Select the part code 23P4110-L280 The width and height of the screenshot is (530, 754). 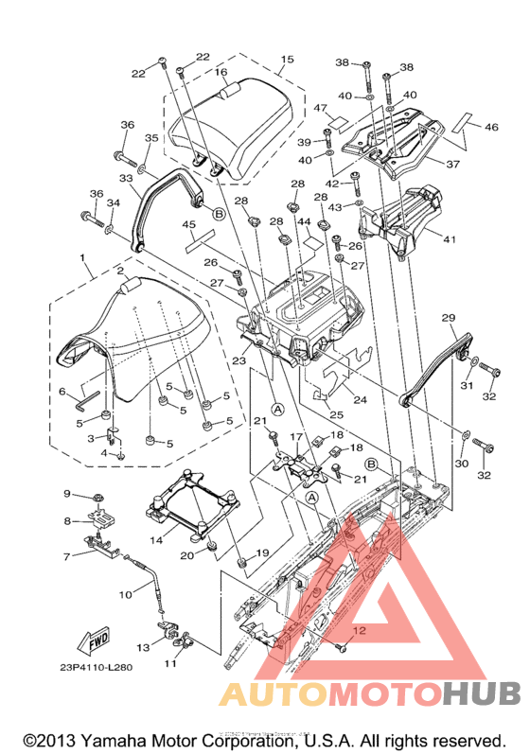97,668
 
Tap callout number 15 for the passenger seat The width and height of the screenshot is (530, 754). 287,60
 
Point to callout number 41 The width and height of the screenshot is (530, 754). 450,239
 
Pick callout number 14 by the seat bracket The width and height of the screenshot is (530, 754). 156,540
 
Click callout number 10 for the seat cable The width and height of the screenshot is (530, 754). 126,595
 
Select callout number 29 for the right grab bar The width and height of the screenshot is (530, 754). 449,318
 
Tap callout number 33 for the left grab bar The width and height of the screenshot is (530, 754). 126,179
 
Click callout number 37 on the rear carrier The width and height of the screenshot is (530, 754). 453,164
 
